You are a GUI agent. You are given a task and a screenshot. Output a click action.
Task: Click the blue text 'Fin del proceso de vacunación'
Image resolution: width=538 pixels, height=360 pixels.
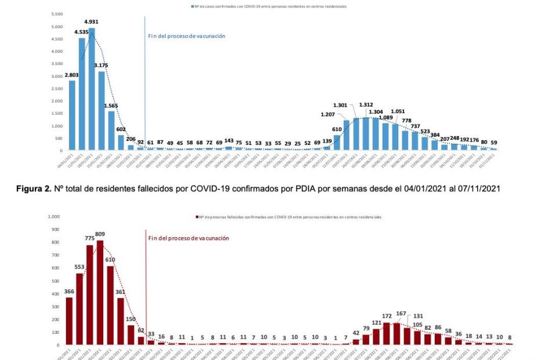pos(187,36)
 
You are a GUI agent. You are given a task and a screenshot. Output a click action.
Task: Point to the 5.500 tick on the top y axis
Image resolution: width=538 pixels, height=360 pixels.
pos(56,14)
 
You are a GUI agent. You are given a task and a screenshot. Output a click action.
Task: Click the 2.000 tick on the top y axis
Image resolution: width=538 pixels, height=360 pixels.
pos(56,101)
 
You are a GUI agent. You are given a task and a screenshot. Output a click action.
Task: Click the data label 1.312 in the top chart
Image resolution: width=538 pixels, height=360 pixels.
pos(366,105)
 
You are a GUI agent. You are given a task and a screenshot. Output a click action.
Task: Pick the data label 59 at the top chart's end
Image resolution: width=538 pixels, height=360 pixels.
pos(493,142)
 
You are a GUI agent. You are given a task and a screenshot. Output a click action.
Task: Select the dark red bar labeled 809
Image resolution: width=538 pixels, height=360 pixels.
pos(100,292)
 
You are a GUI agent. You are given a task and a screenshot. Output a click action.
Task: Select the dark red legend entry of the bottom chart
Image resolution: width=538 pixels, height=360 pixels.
pos(289,217)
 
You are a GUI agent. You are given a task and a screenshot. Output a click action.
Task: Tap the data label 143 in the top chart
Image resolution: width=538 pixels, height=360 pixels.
pos(229,141)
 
